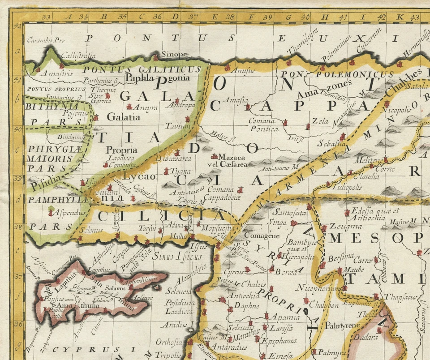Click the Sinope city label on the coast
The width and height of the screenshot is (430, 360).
[174, 54]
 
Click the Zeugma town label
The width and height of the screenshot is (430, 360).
[339, 226]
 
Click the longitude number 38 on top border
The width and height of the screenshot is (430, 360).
[230, 17]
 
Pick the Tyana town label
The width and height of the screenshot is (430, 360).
[181, 171]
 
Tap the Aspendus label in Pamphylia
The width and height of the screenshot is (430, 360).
[70, 213]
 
